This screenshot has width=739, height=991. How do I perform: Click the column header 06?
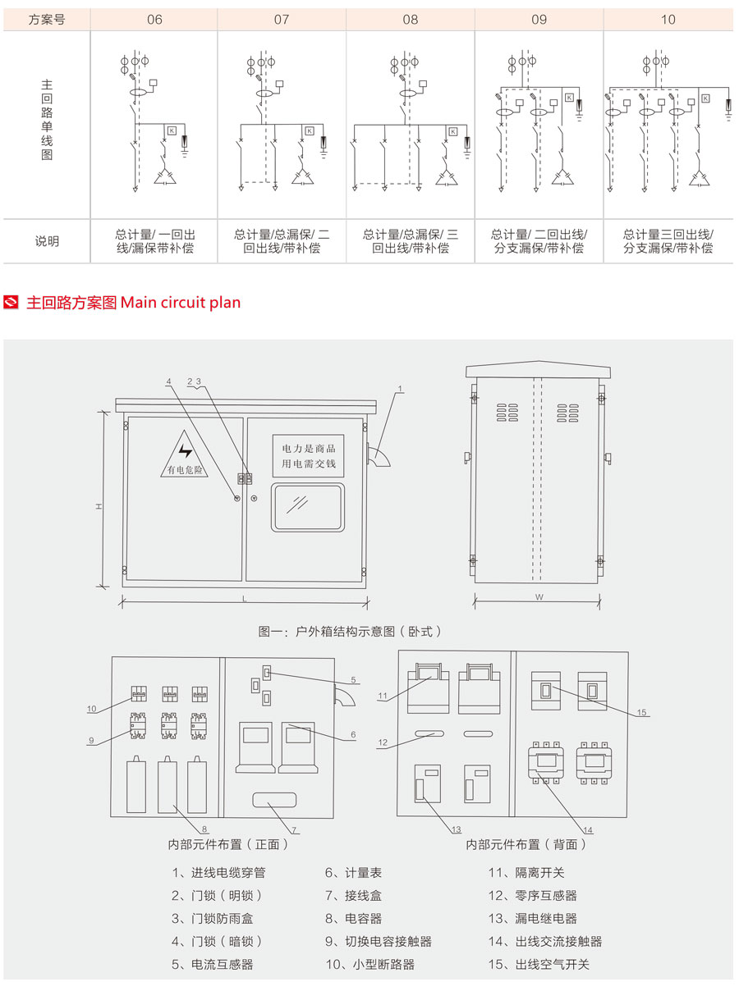point(154,20)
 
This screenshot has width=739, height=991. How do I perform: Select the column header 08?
point(410,20)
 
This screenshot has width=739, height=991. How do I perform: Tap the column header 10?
point(668,20)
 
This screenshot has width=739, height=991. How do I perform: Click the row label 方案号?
point(47,20)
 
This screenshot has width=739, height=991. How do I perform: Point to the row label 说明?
point(47,241)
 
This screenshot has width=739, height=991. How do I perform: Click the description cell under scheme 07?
point(282,241)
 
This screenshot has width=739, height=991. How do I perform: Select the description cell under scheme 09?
point(539,241)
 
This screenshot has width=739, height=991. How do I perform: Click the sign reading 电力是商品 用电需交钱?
point(309,456)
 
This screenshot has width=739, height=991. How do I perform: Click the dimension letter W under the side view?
point(539,598)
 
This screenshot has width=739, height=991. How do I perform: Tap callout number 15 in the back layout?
point(641,713)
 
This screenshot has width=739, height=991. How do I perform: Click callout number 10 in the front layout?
point(91,708)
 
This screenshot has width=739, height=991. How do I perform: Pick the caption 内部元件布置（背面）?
point(526,844)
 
